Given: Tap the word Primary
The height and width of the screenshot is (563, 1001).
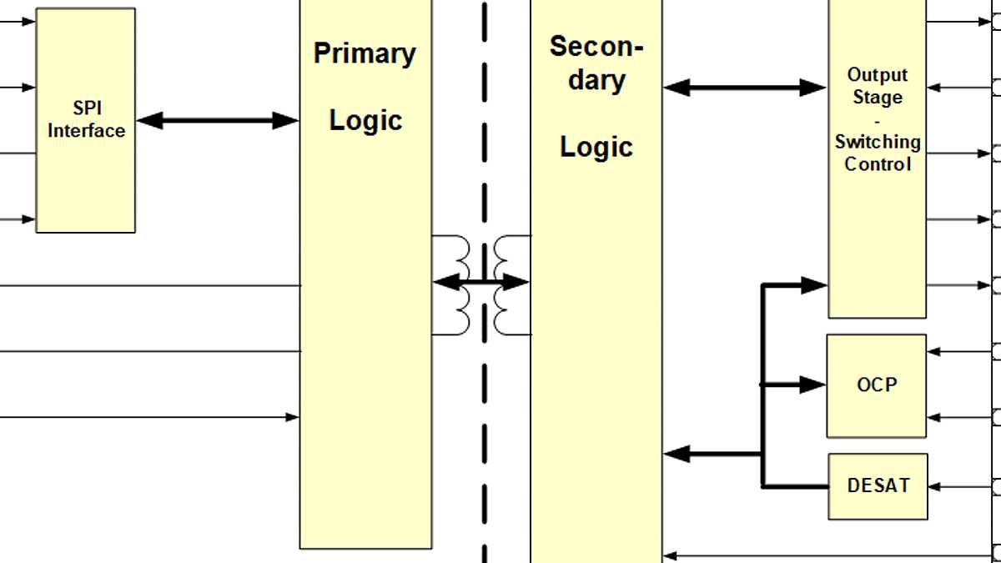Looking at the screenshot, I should pos(365,53).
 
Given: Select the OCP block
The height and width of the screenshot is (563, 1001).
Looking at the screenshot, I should pos(876,385).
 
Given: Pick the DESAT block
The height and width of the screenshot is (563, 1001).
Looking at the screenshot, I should pos(878,485).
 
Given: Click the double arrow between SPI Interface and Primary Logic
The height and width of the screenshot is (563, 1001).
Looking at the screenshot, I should pos(217,121).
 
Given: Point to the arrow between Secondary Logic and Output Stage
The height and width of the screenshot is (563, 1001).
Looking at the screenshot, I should pos(745,87).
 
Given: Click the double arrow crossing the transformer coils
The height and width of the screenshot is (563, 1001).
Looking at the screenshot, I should pos(481,283).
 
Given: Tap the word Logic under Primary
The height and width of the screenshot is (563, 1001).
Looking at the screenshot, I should pos(365,120).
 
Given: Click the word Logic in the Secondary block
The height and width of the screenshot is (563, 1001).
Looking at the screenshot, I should pos(596,147).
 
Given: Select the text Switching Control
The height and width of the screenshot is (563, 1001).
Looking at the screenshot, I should pos(878,153).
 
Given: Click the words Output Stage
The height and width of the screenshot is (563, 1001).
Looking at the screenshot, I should pos(877,86).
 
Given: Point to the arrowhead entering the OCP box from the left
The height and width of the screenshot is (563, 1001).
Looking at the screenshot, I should pos(814,385).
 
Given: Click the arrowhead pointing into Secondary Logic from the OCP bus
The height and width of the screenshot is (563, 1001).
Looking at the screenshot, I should pos(677,455).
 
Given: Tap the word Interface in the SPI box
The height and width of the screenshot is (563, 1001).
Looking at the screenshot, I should pos(86,131).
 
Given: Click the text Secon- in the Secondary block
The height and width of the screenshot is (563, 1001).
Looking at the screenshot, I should pos(596,47).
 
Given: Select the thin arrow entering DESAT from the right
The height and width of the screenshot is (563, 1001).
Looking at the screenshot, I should pos(959,485).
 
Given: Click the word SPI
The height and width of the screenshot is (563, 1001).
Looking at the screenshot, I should pos(87,108).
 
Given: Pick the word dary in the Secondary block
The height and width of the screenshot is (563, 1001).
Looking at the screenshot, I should pos(596,80).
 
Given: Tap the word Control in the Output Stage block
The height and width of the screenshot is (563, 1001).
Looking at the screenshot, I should pos(878,164).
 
